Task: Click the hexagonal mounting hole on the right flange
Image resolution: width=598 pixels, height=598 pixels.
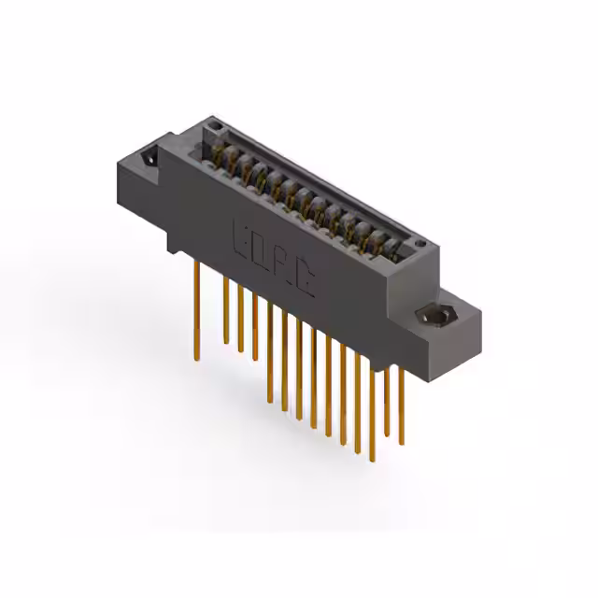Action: point(434,318)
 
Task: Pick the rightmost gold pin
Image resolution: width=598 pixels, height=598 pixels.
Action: point(401,402)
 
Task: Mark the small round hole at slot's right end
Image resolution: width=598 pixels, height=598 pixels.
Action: point(425,246)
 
